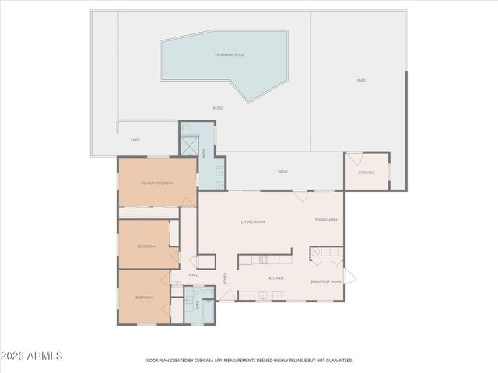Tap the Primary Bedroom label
pyautogui.click(x=157, y=183)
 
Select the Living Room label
pyautogui.click(x=253, y=222)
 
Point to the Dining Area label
pyautogui.click(x=326, y=220)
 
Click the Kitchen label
pyautogui.click(x=276, y=278)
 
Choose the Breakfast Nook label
pyautogui.click(x=326, y=281)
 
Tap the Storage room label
pyautogui.click(x=366, y=173)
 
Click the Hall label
pyautogui.click(x=193, y=274)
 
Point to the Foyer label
pyautogui.click(x=226, y=278)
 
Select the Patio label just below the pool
pyautogui.click(x=218, y=108)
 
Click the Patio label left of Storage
pyautogui.click(x=283, y=171)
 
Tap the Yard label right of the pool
pyautogui.click(x=361, y=81)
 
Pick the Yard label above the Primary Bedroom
pyautogui.click(x=135, y=140)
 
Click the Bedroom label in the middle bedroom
pyautogui.click(x=146, y=246)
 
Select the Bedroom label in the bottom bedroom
pyautogui.click(x=144, y=298)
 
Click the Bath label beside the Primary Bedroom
pyautogui.click(x=205, y=153)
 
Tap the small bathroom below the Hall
pyautogui.click(x=198, y=305)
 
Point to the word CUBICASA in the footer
pyautogui.click(x=208, y=361)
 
